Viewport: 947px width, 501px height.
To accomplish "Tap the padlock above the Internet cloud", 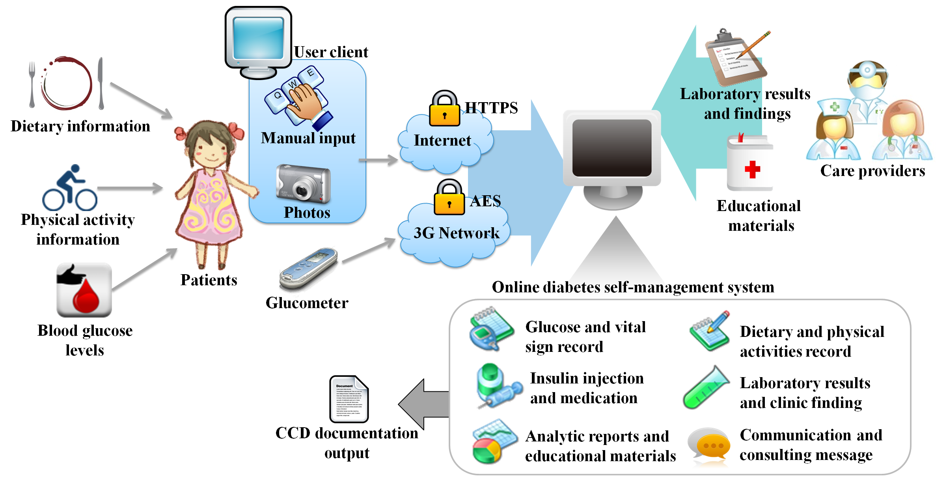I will pyautogui.click(x=444, y=109).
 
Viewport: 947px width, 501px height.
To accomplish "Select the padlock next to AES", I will pyautogui.click(x=449, y=198).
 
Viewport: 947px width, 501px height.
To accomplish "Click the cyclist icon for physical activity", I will pyautogui.click(x=70, y=188).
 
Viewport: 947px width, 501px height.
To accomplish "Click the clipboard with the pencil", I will pyautogui.click(x=736, y=57).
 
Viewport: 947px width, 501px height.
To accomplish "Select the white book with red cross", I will pyautogui.click(x=749, y=164).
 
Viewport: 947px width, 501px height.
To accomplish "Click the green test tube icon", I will pyautogui.click(x=706, y=388).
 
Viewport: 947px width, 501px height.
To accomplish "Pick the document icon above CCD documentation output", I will pyautogui.click(x=349, y=399).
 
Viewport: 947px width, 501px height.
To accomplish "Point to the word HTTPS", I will pyautogui.click(x=491, y=108).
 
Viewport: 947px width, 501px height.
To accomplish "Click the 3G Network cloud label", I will pyautogui.click(x=456, y=233).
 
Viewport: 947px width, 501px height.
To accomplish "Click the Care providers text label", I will pyautogui.click(x=872, y=171).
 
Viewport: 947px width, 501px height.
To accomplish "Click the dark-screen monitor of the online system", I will pyautogui.click(x=611, y=148).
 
